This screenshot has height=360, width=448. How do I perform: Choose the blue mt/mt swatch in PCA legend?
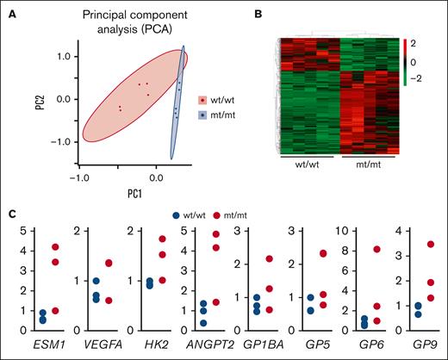point(202,114)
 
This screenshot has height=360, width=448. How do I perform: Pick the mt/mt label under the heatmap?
point(366,165)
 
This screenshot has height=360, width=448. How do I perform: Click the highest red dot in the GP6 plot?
point(376,250)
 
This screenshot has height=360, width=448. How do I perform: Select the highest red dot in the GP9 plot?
point(431,245)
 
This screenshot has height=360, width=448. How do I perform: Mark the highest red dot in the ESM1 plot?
point(57,247)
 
